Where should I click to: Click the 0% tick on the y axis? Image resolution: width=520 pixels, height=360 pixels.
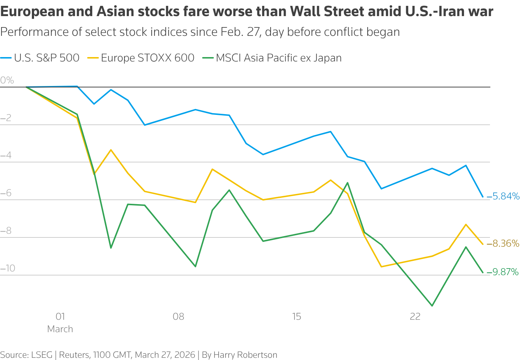pyautogui.click(x=7, y=80)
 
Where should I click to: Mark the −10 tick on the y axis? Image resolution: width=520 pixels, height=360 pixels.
pyautogui.click(x=8, y=268)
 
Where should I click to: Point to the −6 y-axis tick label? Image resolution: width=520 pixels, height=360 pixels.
pyautogui.click(x=6, y=193)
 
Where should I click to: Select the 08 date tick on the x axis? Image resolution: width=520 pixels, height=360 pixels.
pyautogui.click(x=178, y=316)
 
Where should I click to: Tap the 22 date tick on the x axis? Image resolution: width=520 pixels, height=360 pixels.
pyautogui.click(x=415, y=316)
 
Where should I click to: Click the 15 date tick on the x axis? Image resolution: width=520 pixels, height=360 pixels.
pyautogui.click(x=297, y=316)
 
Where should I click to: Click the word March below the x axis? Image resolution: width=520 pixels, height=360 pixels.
pyautogui.click(x=60, y=329)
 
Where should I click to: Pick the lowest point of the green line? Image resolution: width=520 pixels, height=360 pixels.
pyautogui.click(x=432, y=305)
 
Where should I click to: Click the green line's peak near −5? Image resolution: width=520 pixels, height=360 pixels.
pyautogui.click(x=347, y=183)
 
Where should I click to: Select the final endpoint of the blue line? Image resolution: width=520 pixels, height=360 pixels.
pyautogui.click(x=483, y=197)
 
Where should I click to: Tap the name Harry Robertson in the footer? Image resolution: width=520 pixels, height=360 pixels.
pyautogui.click(x=245, y=355)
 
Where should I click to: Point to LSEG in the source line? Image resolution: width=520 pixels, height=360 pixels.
pyautogui.click(x=42, y=355)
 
